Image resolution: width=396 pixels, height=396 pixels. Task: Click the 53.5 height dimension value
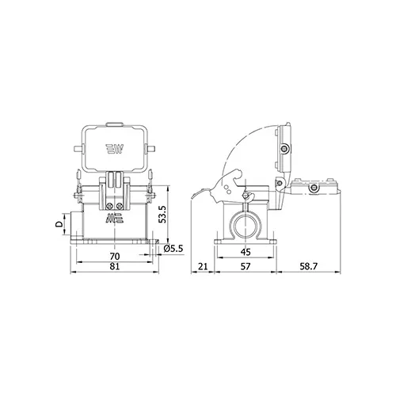(x=162, y=215)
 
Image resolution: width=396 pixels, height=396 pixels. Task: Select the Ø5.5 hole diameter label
(x=173, y=249)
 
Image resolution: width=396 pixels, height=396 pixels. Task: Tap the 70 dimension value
(x=115, y=257)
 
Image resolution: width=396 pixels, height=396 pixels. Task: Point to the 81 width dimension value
(x=115, y=266)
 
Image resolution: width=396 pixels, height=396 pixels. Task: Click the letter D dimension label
(x=59, y=224)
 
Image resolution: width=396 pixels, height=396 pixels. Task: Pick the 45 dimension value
(x=246, y=252)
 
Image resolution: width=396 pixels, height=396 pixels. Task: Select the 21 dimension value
(x=203, y=266)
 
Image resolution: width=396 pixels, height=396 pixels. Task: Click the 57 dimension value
(x=246, y=266)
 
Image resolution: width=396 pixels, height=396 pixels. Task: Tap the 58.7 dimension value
(x=308, y=266)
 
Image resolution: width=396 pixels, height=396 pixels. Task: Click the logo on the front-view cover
(x=115, y=149)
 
